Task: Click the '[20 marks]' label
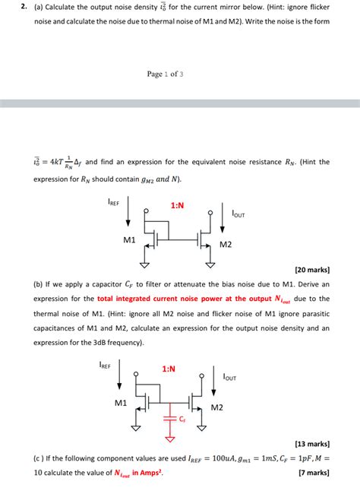[x=311, y=269]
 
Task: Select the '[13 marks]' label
[x=311, y=443]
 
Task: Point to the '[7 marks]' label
[x=314, y=472]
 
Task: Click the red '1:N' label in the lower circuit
[x=169, y=369]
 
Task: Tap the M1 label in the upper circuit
[x=129, y=240]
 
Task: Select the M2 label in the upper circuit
[x=226, y=244]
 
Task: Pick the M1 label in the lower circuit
[x=122, y=403]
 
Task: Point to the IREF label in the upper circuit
[x=115, y=202]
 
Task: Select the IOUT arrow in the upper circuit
[x=222, y=214]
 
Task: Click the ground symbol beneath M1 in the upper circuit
[x=145, y=264]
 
